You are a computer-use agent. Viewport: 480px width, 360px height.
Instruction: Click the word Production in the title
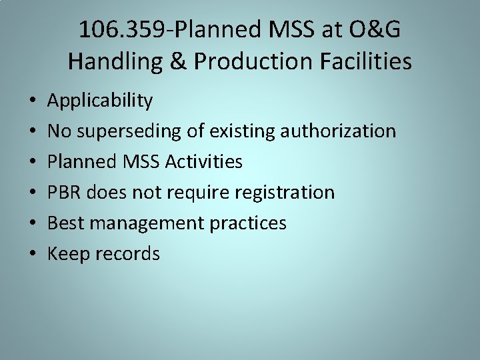point(253,61)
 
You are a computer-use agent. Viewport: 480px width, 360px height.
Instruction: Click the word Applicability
point(100,101)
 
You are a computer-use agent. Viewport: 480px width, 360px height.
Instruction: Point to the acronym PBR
point(63,193)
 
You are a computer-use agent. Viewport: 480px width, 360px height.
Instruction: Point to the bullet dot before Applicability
point(32,101)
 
